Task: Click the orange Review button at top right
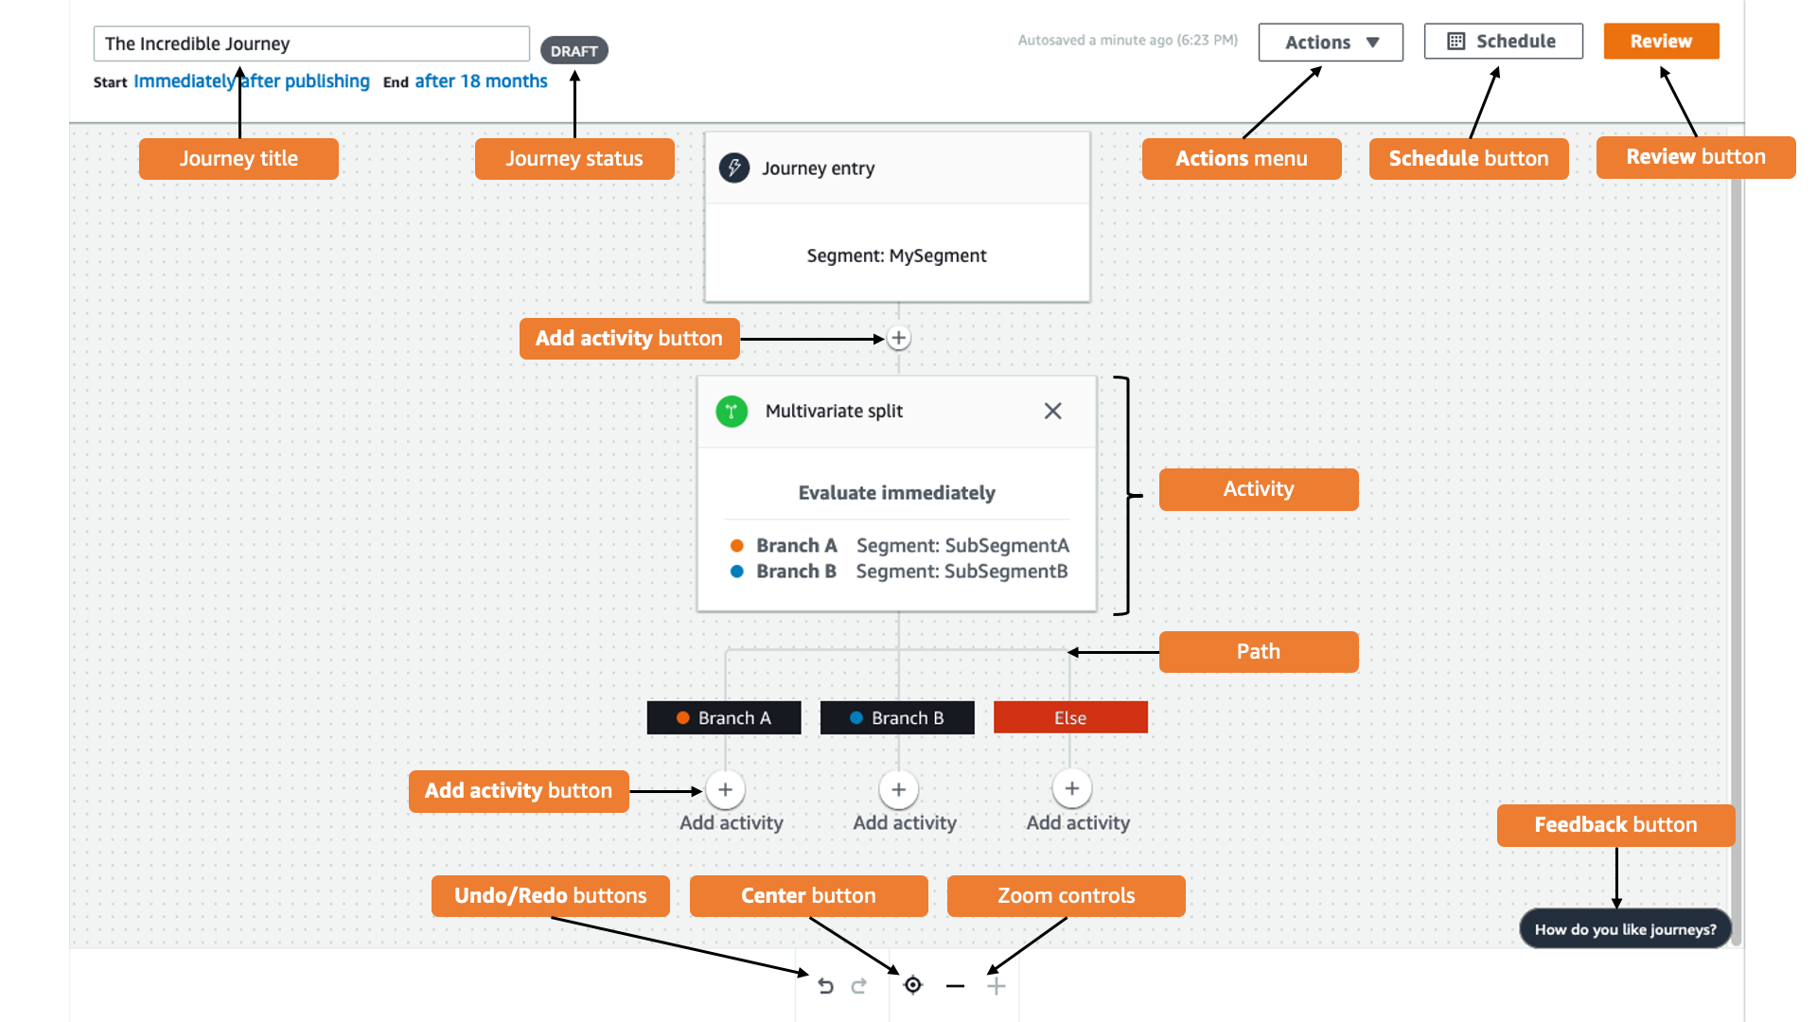1661,42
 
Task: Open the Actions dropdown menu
1330,43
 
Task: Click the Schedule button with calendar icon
1503,42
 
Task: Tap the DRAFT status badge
573,51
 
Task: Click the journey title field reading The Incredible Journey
310,44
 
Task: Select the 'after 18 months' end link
481,81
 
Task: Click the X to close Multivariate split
1052,411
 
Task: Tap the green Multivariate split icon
732,411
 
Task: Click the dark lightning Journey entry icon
734,167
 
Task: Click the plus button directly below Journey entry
898,338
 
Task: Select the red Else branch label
1070,717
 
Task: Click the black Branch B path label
896,717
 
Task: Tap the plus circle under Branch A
725,789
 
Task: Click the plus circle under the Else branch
1071,788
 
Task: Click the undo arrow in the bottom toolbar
825,986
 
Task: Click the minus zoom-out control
955,986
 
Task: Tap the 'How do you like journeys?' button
1625,929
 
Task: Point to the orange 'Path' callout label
1258,652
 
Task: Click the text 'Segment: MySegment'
896,255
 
